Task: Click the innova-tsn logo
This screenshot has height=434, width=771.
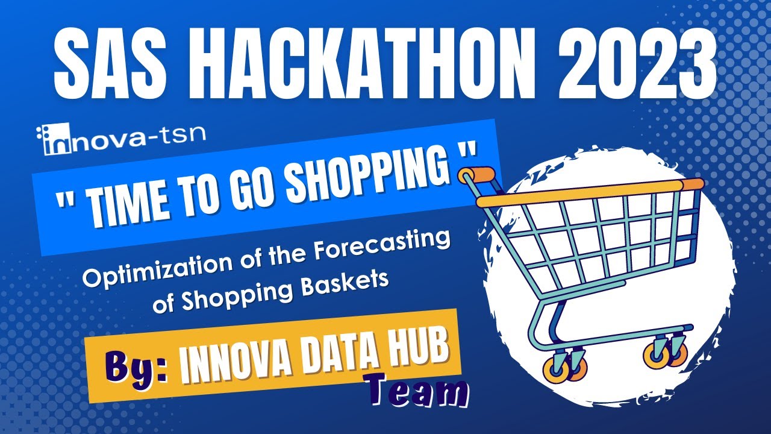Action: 120,139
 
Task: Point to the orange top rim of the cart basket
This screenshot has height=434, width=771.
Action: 590,193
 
